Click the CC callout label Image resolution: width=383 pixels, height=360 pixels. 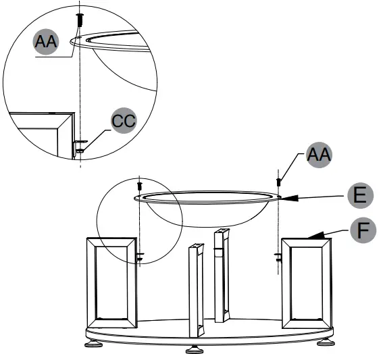(123, 122)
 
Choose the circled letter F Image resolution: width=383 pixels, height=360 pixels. (363, 230)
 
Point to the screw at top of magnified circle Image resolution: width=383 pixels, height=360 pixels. (80, 19)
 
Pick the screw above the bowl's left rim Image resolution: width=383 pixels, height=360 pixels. (139, 184)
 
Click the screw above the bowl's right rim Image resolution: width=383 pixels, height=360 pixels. (278, 181)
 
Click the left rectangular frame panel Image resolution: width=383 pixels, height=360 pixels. (111, 281)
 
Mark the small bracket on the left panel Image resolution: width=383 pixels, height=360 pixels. (140, 256)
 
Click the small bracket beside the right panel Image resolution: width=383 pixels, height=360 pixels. (278, 256)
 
